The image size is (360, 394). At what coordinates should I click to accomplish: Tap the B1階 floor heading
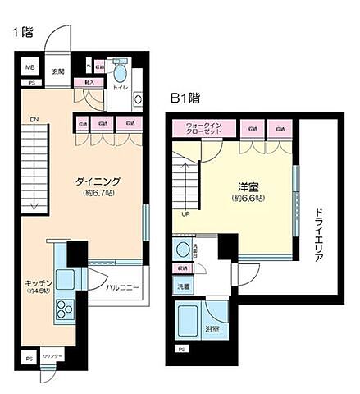point(186,98)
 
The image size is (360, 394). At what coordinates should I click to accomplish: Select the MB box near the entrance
point(29,68)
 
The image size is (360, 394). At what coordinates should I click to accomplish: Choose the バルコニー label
point(121,288)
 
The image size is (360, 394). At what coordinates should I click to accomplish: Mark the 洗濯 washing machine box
point(182,286)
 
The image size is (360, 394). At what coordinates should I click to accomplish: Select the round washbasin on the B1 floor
point(182,249)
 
